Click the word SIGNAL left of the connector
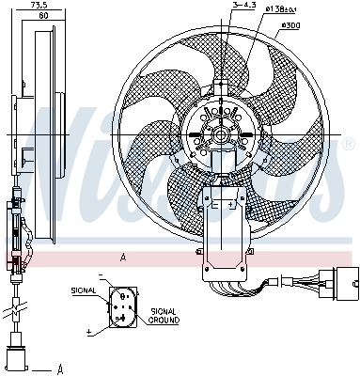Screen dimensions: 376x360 click(x=84, y=291)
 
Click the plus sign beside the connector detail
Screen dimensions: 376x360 click(x=89, y=332)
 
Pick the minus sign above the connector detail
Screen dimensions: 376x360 click(x=102, y=276)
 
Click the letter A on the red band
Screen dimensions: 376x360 click(x=121, y=257)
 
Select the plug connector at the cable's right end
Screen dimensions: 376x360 click(x=337, y=281)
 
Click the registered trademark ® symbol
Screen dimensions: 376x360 click(x=349, y=144)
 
